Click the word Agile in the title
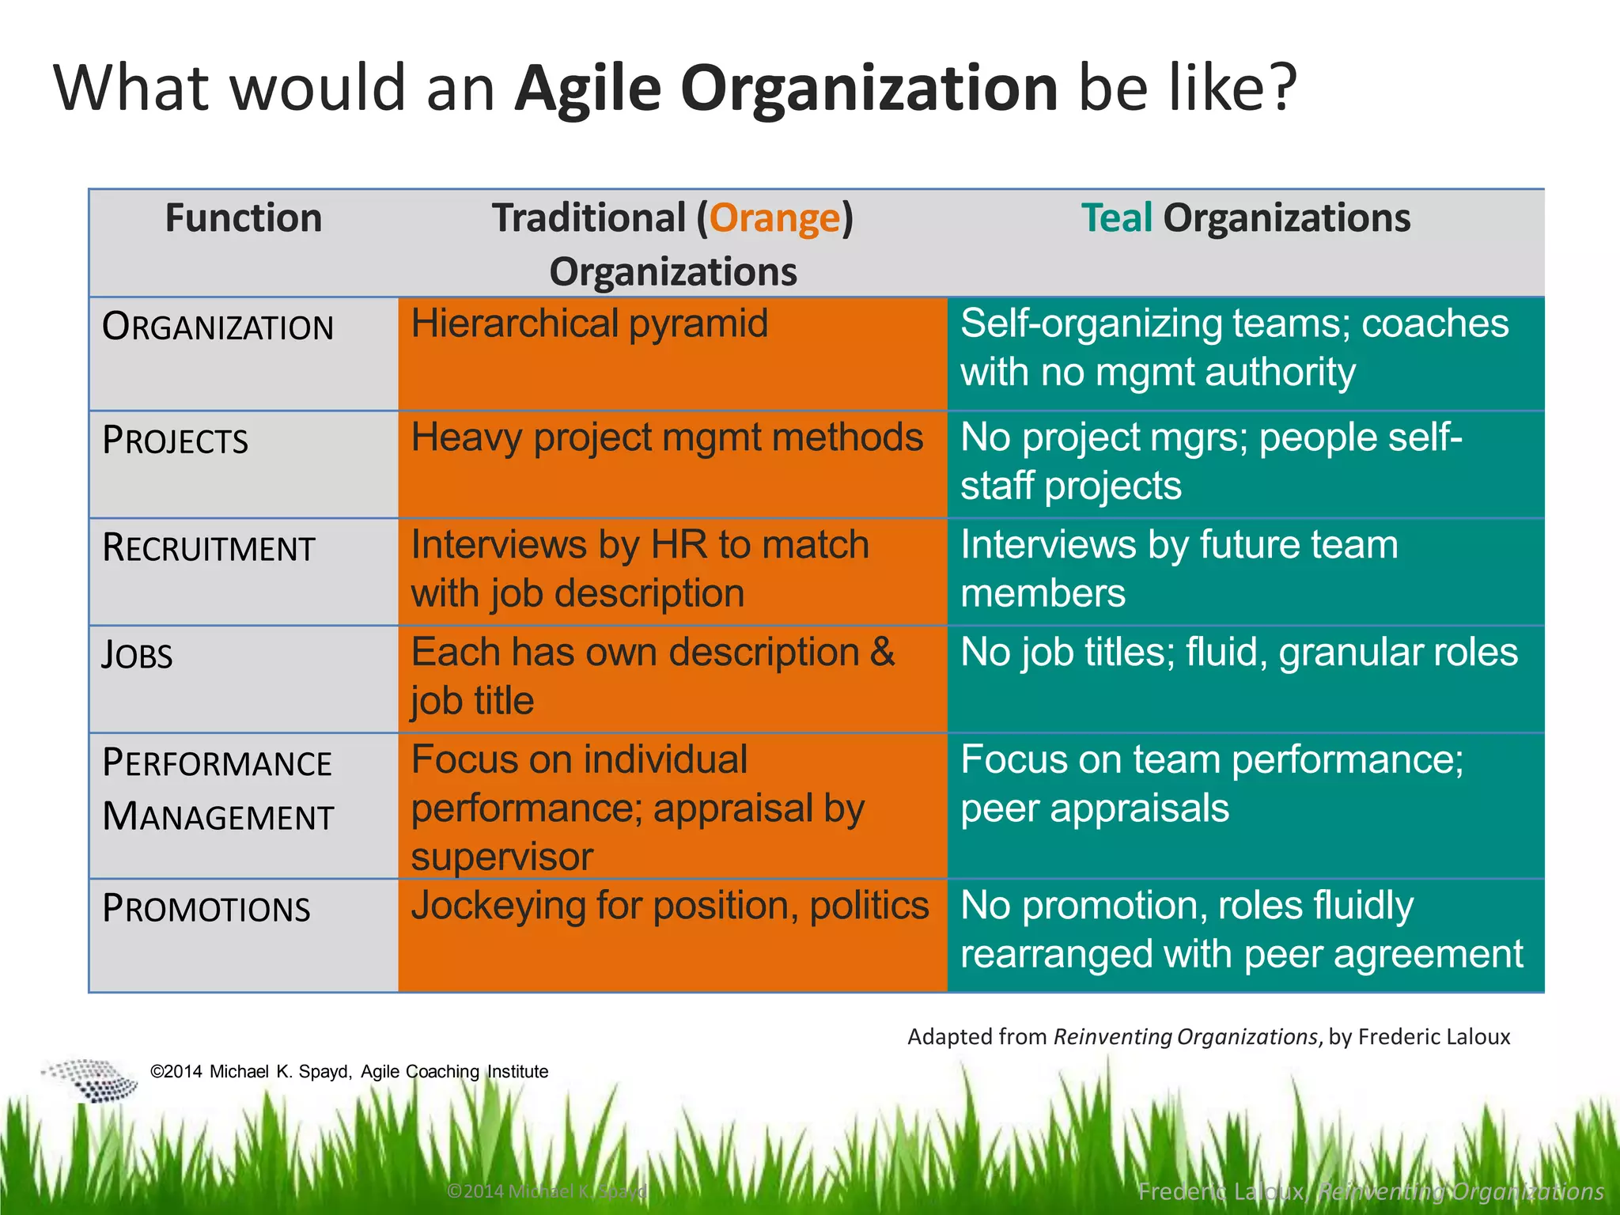coord(587,89)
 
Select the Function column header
coord(244,218)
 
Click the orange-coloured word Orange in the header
coord(774,218)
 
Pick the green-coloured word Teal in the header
coord(1116,218)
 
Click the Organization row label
coord(218,327)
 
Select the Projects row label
coord(175,441)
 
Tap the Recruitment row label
coord(209,548)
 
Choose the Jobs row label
coord(137,656)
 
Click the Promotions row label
coord(206,909)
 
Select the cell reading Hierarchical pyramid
coord(589,324)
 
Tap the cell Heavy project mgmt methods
coord(667,437)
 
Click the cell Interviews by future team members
coord(1179,569)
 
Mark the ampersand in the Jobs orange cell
coord(882,653)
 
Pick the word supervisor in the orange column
coord(502,857)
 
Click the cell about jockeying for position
coord(670,906)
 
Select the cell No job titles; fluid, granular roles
coord(1239,653)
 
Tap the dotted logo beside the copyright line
coord(91,1079)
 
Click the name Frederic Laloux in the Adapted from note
coord(1434,1037)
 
